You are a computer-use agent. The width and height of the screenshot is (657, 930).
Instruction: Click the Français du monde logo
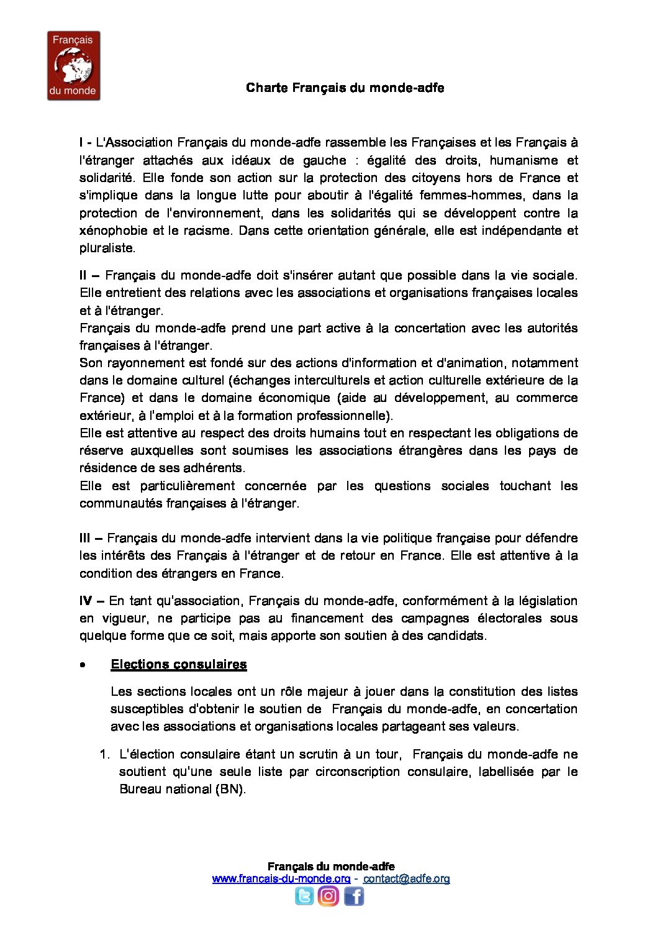point(73,66)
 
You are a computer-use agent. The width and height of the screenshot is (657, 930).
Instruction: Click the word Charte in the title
point(267,88)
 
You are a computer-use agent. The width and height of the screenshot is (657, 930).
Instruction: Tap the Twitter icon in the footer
point(304,896)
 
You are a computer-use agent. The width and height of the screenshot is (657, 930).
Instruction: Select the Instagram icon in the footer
point(328,896)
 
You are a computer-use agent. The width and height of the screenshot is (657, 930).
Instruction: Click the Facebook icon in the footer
point(353,896)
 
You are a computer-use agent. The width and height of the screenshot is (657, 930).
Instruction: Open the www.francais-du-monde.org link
point(281,878)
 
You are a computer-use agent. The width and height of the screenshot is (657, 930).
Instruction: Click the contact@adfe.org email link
point(406,878)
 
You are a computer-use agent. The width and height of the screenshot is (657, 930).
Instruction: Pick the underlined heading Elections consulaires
point(178,664)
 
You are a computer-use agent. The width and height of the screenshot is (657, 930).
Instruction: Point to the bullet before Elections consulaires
point(83,665)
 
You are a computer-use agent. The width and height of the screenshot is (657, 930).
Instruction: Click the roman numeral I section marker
point(82,143)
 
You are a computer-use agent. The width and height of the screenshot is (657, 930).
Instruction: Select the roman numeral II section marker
point(84,275)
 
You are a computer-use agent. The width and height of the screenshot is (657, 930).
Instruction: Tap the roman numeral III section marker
point(86,538)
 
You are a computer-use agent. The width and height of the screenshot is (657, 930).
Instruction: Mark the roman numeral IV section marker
point(86,601)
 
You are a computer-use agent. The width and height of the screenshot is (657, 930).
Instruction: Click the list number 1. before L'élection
point(104,754)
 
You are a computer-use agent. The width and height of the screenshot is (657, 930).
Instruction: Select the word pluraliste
point(106,248)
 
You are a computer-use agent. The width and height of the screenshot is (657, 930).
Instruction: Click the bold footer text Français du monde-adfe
point(331,866)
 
